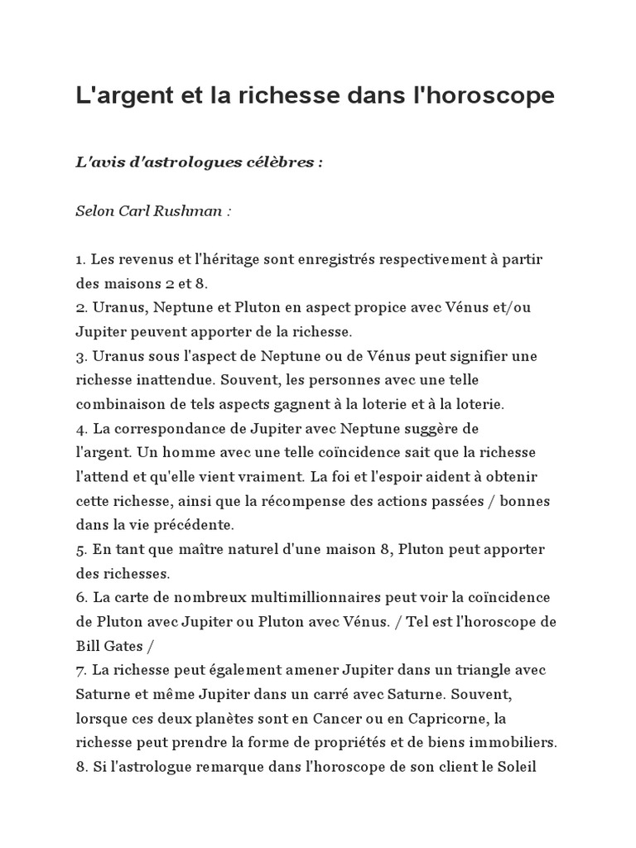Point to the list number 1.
coord(79,260)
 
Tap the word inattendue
coord(177,380)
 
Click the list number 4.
coord(80,428)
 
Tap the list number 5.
coord(80,550)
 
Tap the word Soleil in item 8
coord(517,767)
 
